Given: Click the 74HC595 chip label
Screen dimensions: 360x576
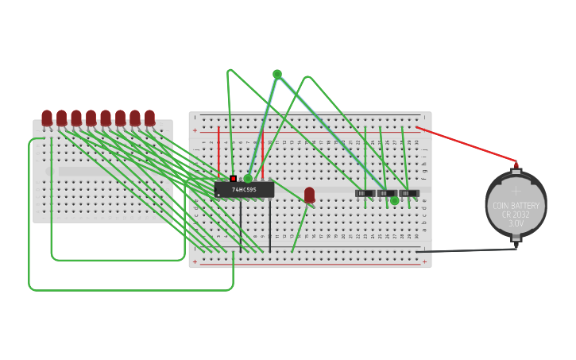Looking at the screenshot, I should pyautogui.click(x=244, y=190).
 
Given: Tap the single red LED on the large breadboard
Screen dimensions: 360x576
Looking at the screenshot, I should pyautogui.click(x=309, y=194).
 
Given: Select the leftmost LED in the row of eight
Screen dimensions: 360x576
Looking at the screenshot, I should pyautogui.click(x=47, y=118).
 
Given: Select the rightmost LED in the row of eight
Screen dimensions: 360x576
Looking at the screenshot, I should pyautogui.click(x=149, y=118).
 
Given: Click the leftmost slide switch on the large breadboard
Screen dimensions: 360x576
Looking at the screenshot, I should pyautogui.click(x=365, y=193).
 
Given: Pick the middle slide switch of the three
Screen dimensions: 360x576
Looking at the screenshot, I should pyautogui.click(x=386, y=193).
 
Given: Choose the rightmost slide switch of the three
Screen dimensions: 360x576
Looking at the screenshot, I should pyautogui.click(x=408, y=193).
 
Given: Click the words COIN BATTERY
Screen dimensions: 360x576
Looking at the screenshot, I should pyautogui.click(x=516, y=206).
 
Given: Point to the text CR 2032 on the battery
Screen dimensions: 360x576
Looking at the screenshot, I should pyautogui.click(x=516, y=215).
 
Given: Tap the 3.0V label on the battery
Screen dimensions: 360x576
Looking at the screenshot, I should pyautogui.click(x=516, y=224).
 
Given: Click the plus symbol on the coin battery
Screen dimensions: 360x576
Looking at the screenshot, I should pyautogui.click(x=516, y=191).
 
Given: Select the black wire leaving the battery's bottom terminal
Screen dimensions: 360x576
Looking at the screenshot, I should pyautogui.click(x=469, y=251).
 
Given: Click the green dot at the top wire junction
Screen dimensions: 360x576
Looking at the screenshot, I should pyautogui.click(x=277, y=74).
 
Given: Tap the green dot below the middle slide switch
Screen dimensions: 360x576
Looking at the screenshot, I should pyautogui.click(x=395, y=201).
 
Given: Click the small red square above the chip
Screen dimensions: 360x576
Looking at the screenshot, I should pyautogui.click(x=233, y=179).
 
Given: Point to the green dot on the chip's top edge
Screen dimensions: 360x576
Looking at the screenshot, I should pyautogui.click(x=248, y=179).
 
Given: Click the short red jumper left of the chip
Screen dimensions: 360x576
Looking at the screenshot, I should pyautogui.click(x=218, y=151).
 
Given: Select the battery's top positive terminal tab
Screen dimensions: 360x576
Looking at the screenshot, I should pyautogui.click(x=516, y=168).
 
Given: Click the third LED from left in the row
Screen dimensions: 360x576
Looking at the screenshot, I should pyautogui.click(x=76, y=118).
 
